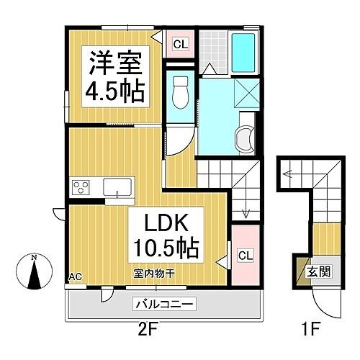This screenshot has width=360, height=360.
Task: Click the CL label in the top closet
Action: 180,45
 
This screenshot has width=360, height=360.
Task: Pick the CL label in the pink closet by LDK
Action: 245,255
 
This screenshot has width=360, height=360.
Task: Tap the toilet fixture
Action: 180,93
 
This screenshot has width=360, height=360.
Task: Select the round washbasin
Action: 245,136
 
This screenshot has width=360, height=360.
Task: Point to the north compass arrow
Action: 34,271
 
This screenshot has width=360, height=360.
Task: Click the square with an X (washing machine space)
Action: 246,93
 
